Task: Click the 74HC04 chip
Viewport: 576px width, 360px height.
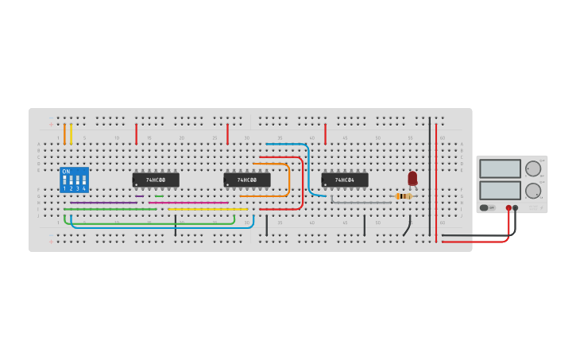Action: point(344,180)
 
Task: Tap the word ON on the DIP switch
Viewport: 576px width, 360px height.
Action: point(66,172)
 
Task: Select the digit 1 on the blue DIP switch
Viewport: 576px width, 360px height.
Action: point(64,188)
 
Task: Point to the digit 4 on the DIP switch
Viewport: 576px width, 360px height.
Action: point(83,188)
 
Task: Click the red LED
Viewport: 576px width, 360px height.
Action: point(412,178)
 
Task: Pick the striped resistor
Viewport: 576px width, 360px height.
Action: point(404,196)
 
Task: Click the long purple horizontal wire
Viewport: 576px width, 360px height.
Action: point(103,203)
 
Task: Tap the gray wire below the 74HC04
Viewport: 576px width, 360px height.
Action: point(361,203)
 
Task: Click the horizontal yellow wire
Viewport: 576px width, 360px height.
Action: point(207,209)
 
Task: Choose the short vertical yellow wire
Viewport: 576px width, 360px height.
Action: point(71,134)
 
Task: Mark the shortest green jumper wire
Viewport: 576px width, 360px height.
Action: point(159,196)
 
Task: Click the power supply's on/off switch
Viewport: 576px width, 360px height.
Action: point(484,208)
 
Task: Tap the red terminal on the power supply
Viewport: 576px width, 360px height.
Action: point(508,208)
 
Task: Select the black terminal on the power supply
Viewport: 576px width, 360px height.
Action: point(516,208)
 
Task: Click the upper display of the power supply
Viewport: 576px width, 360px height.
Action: point(500,168)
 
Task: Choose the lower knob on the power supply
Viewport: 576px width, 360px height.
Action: point(532,191)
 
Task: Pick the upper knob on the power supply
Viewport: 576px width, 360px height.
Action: point(532,168)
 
